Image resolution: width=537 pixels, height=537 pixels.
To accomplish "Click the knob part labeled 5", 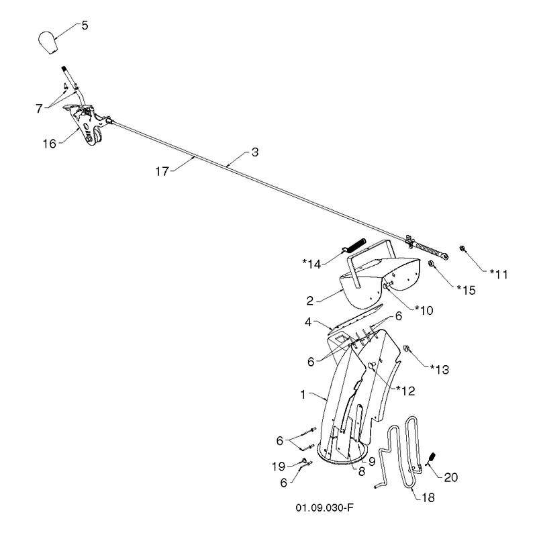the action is [48, 43].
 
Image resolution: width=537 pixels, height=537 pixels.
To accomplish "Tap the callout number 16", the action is [49, 144].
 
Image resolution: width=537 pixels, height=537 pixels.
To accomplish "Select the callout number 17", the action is [162, 171].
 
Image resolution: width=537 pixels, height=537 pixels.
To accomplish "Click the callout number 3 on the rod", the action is [255, 152].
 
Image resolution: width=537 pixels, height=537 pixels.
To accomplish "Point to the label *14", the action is [311, 264].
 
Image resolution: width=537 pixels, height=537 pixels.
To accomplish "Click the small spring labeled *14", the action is [354, 246].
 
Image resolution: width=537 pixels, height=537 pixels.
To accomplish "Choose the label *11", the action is [498, 274].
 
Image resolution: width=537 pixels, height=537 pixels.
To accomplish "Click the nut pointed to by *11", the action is [462, 248].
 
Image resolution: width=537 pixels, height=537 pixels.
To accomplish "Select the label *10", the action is [424, 310].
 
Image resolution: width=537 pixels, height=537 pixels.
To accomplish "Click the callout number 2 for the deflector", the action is [310, 301].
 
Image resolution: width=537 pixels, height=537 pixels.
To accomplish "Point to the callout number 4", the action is [308, 322].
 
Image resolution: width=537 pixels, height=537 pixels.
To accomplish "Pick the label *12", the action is [405, 391].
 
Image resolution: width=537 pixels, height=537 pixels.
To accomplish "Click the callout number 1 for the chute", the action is [303, 395].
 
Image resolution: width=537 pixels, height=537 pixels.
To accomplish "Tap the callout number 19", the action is [279, 466].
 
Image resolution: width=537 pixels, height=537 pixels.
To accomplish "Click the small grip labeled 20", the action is [432, 458].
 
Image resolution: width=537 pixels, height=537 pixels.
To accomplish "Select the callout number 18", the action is [428, 497].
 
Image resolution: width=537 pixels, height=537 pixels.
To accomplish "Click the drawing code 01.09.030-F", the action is [324, 507].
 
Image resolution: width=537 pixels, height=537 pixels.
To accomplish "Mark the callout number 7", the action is [39, 109].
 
